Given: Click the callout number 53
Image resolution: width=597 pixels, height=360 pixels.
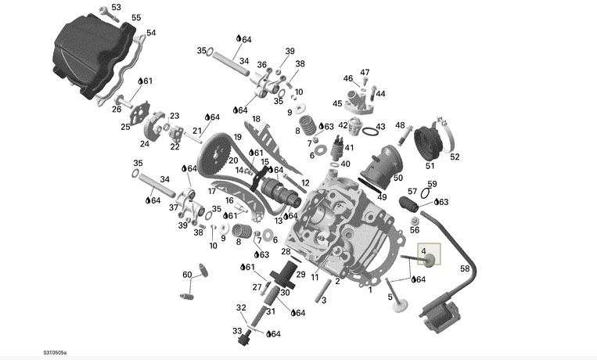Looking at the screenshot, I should coord(116,7).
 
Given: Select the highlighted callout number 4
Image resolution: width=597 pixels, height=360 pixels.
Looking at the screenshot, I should coord(424,251).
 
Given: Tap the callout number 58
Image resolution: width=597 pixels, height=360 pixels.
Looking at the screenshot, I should coord(464,268).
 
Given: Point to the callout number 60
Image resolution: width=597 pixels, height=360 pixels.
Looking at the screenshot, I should coord(187,275).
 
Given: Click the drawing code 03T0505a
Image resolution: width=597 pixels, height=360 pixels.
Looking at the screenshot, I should coord(22,353).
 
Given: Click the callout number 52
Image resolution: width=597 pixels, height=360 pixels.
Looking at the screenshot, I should coord(455,157).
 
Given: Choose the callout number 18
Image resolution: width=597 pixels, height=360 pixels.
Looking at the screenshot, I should coord(256,119).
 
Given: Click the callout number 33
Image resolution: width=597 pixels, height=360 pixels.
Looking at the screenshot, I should coord(237,331).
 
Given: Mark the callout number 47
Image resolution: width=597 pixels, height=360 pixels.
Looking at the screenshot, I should coord(365,73).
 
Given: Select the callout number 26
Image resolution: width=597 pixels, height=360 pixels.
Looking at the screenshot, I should coord(117,109).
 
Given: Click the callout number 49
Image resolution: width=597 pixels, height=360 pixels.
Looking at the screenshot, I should coord(383,196).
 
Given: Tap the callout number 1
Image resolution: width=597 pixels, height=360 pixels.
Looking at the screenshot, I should coord(369,290).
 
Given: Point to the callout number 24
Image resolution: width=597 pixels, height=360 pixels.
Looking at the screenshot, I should coord(144,143).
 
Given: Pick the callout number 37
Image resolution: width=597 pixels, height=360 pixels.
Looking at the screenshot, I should coord(174,207).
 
